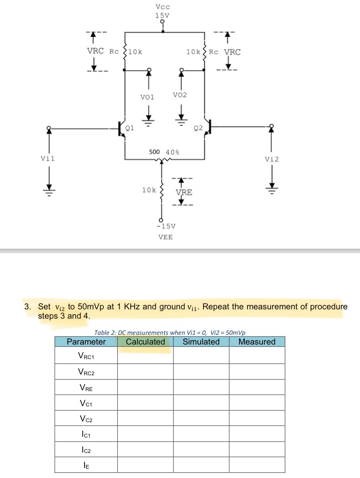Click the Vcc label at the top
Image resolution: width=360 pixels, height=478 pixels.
coord(163,7)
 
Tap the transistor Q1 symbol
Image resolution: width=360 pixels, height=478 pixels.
coord(121,129)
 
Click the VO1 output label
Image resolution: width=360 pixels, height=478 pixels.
coord(147,97)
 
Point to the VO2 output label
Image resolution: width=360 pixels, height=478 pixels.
coord(180,95)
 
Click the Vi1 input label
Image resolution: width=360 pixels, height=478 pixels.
coord(48,159)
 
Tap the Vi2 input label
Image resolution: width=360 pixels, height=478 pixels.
coord(271,159)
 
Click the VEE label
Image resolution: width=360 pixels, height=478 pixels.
coord(165,237)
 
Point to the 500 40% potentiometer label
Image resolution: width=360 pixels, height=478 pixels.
coord(164,152)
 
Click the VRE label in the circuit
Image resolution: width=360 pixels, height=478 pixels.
coord(184,192)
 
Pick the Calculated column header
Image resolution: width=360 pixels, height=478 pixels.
coord(145,342)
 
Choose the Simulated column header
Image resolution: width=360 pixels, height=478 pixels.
coord(201,342)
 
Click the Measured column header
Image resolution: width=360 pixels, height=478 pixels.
coord(257,342)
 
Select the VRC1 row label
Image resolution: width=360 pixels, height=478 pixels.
coord(86,356)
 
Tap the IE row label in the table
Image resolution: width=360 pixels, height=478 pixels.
coord(86,465)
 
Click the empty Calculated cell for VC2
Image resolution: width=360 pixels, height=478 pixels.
coord(145,419)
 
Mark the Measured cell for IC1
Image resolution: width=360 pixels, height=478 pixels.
coord(257,434)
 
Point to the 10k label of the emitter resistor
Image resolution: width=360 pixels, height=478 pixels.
coord(148,190)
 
